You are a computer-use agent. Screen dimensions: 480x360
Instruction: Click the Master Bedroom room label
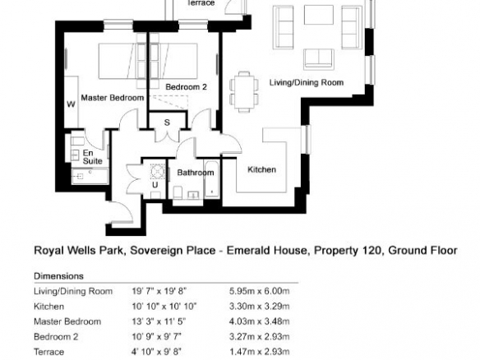(113, 98)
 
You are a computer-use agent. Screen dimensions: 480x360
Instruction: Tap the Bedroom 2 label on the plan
(186, 87)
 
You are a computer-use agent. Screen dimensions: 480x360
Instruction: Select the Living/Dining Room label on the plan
(307, 82)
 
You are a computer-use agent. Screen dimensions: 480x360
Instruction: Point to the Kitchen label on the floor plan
(261, 169)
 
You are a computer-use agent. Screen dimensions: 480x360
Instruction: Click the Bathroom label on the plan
(196, 173)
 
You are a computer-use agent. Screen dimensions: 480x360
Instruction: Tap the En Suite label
(92, 157)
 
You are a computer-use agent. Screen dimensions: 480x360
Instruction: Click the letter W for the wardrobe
(71, 104)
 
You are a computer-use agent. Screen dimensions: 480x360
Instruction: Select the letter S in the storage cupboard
(167, 122)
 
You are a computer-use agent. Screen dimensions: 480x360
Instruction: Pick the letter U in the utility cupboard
(155, 185)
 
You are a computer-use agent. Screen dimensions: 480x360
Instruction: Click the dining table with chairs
(244, 91)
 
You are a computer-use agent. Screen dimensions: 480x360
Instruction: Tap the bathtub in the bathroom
(212, 179)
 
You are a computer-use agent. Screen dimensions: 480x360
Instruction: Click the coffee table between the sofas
(319, 15)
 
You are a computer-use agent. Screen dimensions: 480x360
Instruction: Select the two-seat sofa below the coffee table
(319, 58)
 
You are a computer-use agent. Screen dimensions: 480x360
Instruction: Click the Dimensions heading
(59, 276)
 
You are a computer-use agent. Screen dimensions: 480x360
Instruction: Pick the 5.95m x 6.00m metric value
(259, 291)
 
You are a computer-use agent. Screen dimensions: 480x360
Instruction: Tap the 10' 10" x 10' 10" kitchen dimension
(164, 306)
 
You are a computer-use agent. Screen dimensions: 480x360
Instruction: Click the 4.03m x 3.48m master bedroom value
(259, 321)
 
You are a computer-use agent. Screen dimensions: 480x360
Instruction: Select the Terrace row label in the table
(49, 352)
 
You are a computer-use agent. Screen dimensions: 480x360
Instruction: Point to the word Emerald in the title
(248, 251)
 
